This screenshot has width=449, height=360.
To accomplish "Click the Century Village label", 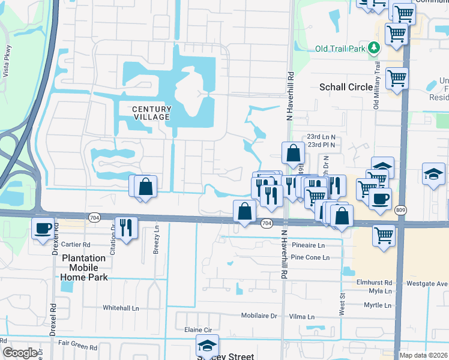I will (x=151, y=113).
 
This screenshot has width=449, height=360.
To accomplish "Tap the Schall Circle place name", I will (x=346, y=87).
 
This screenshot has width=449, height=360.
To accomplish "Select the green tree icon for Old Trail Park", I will (x=374, y=47).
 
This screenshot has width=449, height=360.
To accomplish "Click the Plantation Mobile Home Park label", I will (x=84, y=268).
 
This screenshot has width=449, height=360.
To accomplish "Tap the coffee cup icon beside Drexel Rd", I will (x=43, y=229).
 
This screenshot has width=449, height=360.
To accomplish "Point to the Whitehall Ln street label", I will (x=121, y=308).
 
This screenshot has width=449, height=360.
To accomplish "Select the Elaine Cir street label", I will (x=199, y=330).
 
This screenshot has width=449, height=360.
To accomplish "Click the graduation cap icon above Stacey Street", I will (x=207, y=346).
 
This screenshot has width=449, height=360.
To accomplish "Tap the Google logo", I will (x=20, y=353).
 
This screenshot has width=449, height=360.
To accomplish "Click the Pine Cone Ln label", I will (x=310, y=257).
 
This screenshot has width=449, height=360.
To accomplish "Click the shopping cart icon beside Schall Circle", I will (x=397, y=77).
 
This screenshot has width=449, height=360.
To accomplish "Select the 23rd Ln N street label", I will (x=321, y=137).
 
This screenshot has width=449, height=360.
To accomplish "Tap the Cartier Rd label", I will (x=76, y=245).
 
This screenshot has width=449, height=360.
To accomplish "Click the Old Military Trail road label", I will (x=377, y=84).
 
